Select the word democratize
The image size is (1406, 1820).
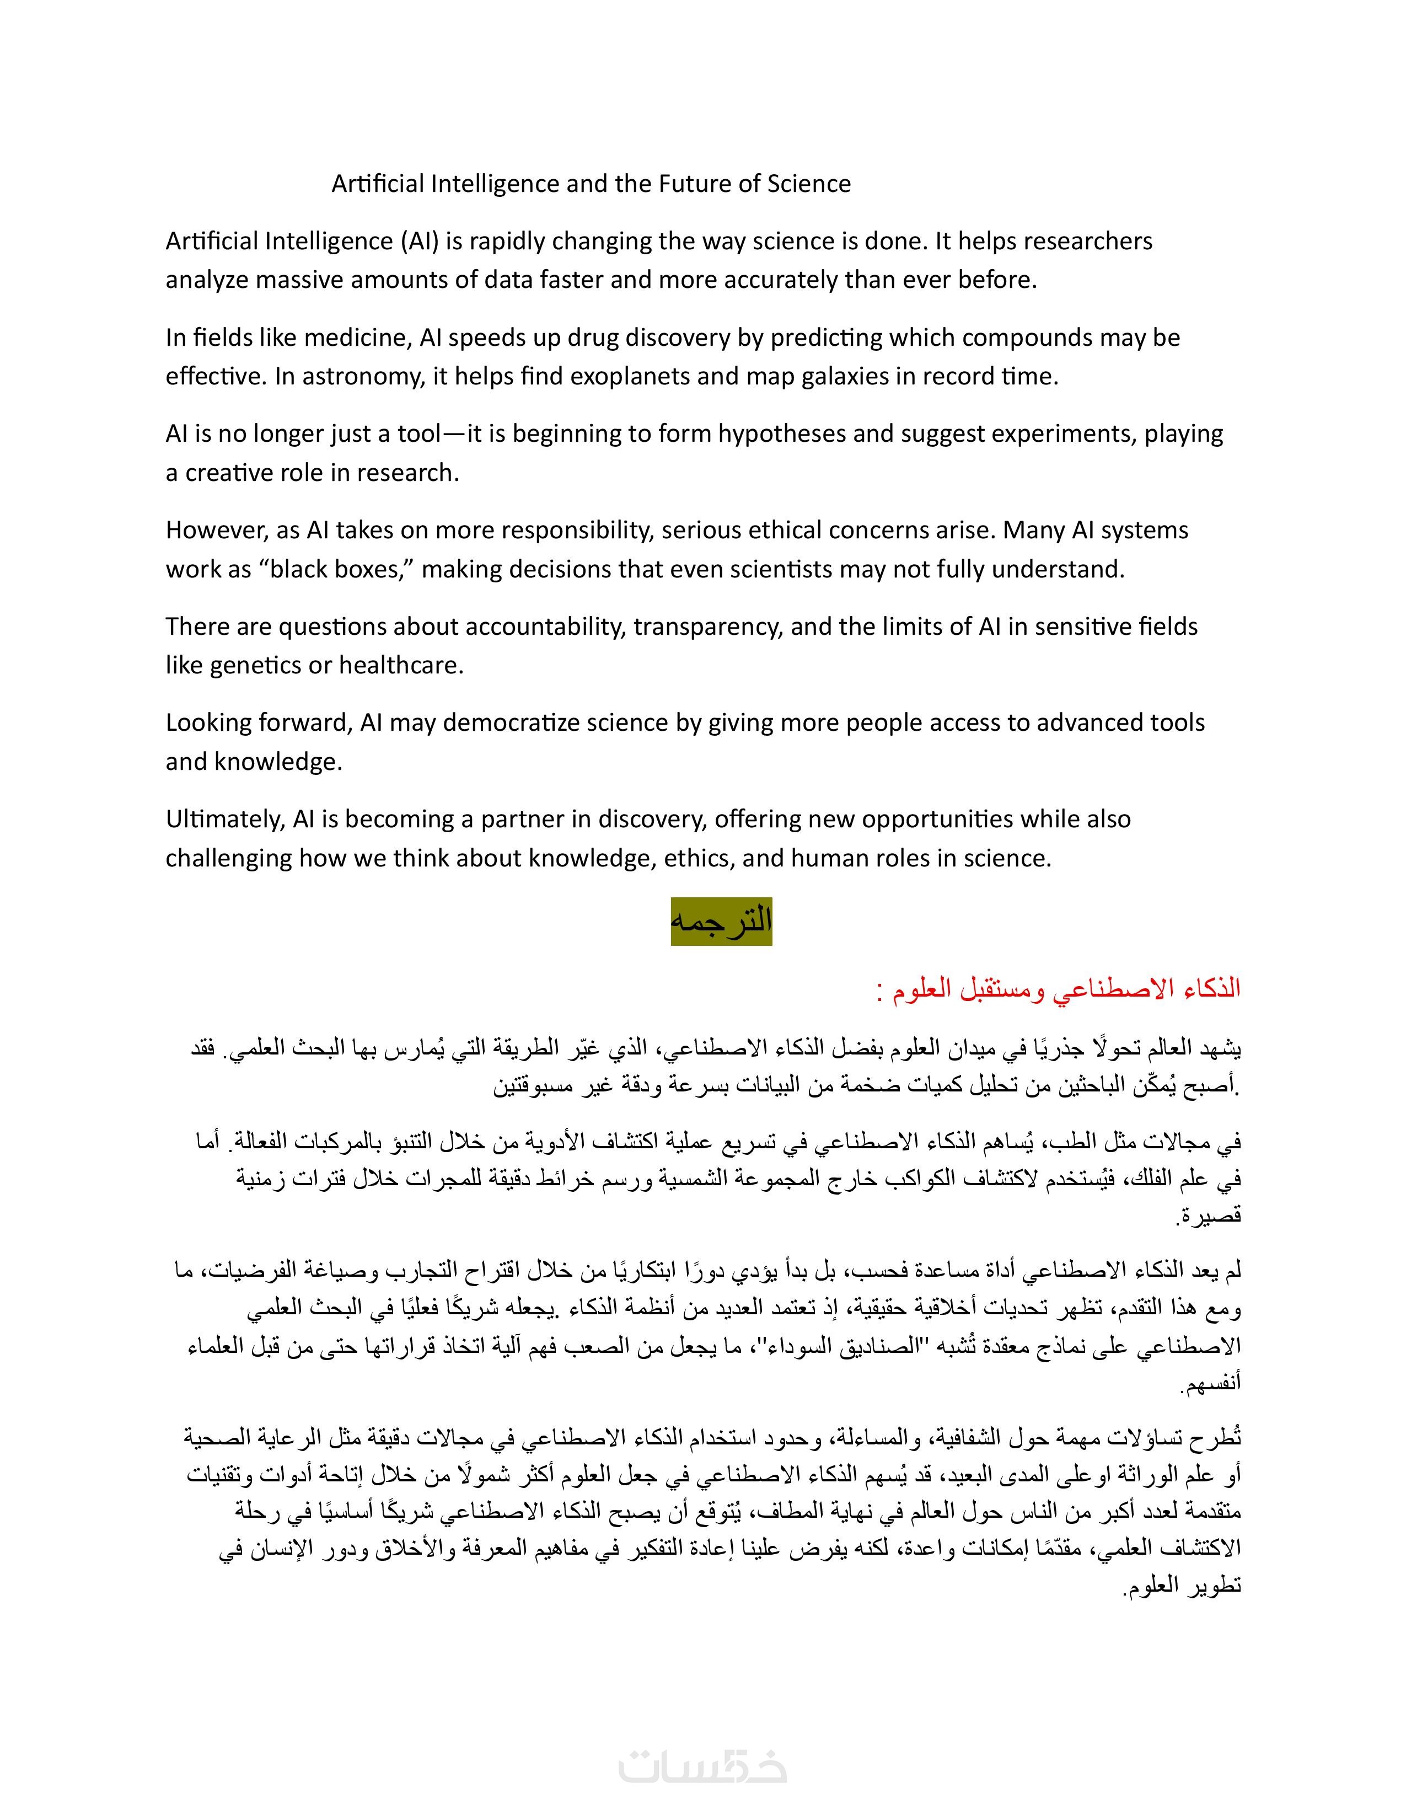pyautogui.click(x=511, y=724)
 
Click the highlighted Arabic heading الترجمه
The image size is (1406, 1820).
pyautogui.click(x=721, y=922)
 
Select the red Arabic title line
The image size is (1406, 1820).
pyautogui.click(x=1058, y=989)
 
